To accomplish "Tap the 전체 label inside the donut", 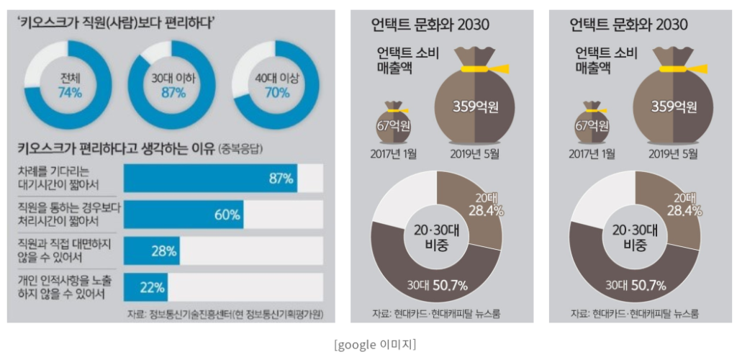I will coord(69,77).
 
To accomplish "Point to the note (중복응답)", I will coord(248,150).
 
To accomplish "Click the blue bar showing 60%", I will coord(183,215).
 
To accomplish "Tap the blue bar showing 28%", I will coord(151,251).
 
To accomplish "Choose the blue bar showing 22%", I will coord(145,287).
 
